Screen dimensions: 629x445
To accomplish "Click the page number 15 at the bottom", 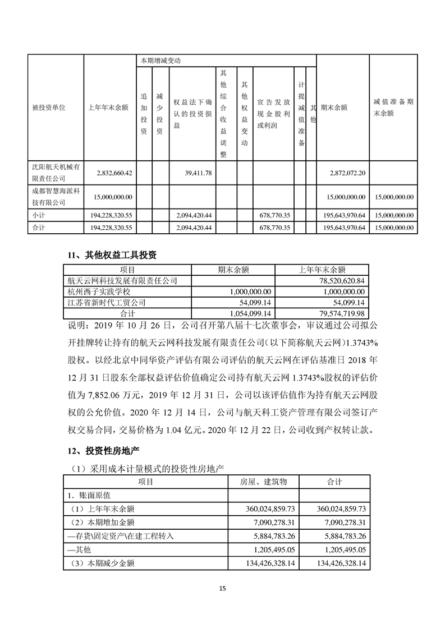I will (222, 588).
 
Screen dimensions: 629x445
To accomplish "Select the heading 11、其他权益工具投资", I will (111, 255).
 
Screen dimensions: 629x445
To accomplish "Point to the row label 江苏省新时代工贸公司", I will (107, 302).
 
